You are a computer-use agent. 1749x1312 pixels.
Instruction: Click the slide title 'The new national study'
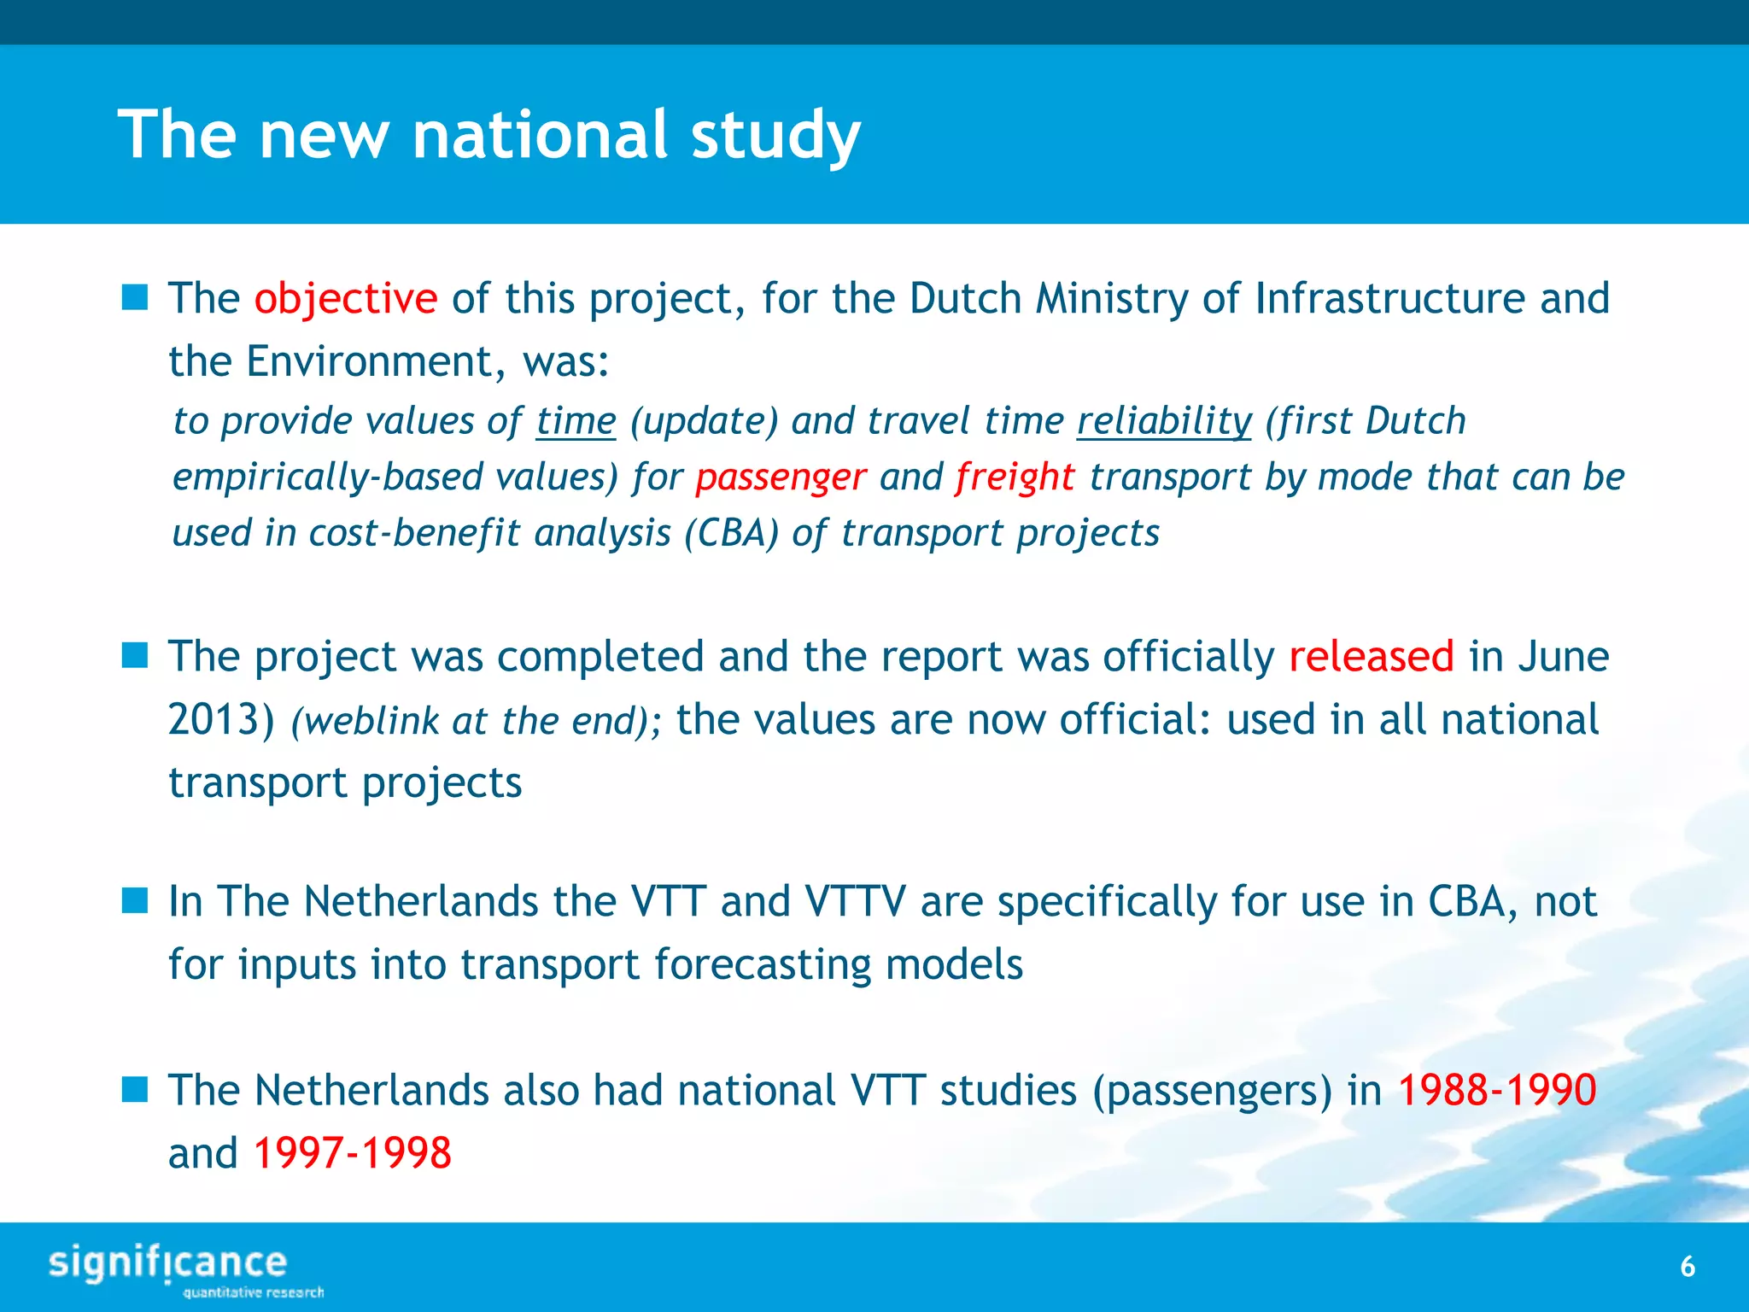(x=488, y=135)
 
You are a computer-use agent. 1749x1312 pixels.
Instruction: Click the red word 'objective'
(x=346, y=299)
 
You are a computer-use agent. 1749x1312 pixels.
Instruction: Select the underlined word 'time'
(x=576, y=421)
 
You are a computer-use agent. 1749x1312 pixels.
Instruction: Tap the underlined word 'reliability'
(x=1163, y=421)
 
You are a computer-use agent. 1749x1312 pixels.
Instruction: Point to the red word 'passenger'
(x=781, y=477)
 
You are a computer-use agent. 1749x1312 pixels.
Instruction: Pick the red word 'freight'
(x=1015, y=477)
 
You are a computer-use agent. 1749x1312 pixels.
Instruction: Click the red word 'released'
(x=1371, y=657)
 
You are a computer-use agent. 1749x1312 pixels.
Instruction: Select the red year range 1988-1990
(x=1496, y=1091)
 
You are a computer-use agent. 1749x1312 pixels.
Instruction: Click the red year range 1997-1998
(x=352, y=1153)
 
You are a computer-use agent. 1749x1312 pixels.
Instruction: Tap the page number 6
(x=1688, y=1267)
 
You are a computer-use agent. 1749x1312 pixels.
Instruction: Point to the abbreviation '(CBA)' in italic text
(x=731, y=534)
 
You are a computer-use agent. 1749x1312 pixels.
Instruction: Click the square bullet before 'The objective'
(x=135, y=298)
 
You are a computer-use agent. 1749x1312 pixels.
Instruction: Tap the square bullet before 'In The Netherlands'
(x=135, y=900)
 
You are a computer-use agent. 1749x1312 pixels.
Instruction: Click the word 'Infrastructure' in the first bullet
(x=1389, y=299)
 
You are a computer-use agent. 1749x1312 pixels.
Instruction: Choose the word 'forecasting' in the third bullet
(x=762, y=965)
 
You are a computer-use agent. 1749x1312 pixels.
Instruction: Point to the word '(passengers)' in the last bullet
(x=1212, y=1091)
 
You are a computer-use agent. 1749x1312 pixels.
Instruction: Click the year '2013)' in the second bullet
(x=221, y=720)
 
